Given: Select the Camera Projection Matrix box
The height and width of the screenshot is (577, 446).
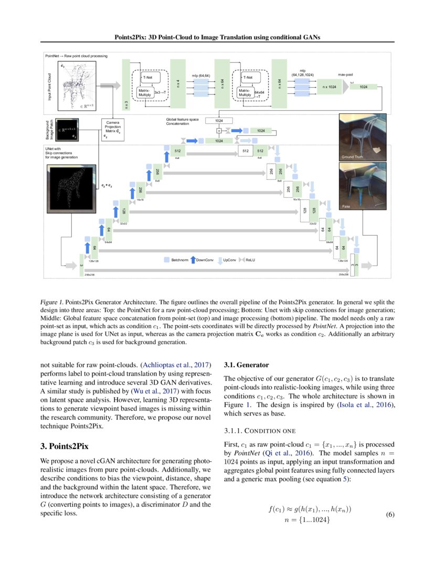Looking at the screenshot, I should (x=112, y=129).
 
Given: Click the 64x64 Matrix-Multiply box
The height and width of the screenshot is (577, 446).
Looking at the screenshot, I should (x=245, y=92).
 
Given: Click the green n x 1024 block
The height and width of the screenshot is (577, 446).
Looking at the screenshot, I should (x=328, y=87).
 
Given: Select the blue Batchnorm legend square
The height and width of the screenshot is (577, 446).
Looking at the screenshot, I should (x=167, y=260).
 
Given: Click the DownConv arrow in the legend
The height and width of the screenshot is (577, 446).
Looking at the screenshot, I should (x=192, y=260).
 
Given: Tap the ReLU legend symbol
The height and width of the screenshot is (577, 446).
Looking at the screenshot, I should (x=242, y=260).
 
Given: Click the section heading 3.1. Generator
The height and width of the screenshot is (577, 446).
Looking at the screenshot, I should (x=246, y=365).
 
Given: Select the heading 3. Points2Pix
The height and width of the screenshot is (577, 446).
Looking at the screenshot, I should (x=64, y=446).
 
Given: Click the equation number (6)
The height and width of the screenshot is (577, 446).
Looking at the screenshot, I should (x=390, y=515).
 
